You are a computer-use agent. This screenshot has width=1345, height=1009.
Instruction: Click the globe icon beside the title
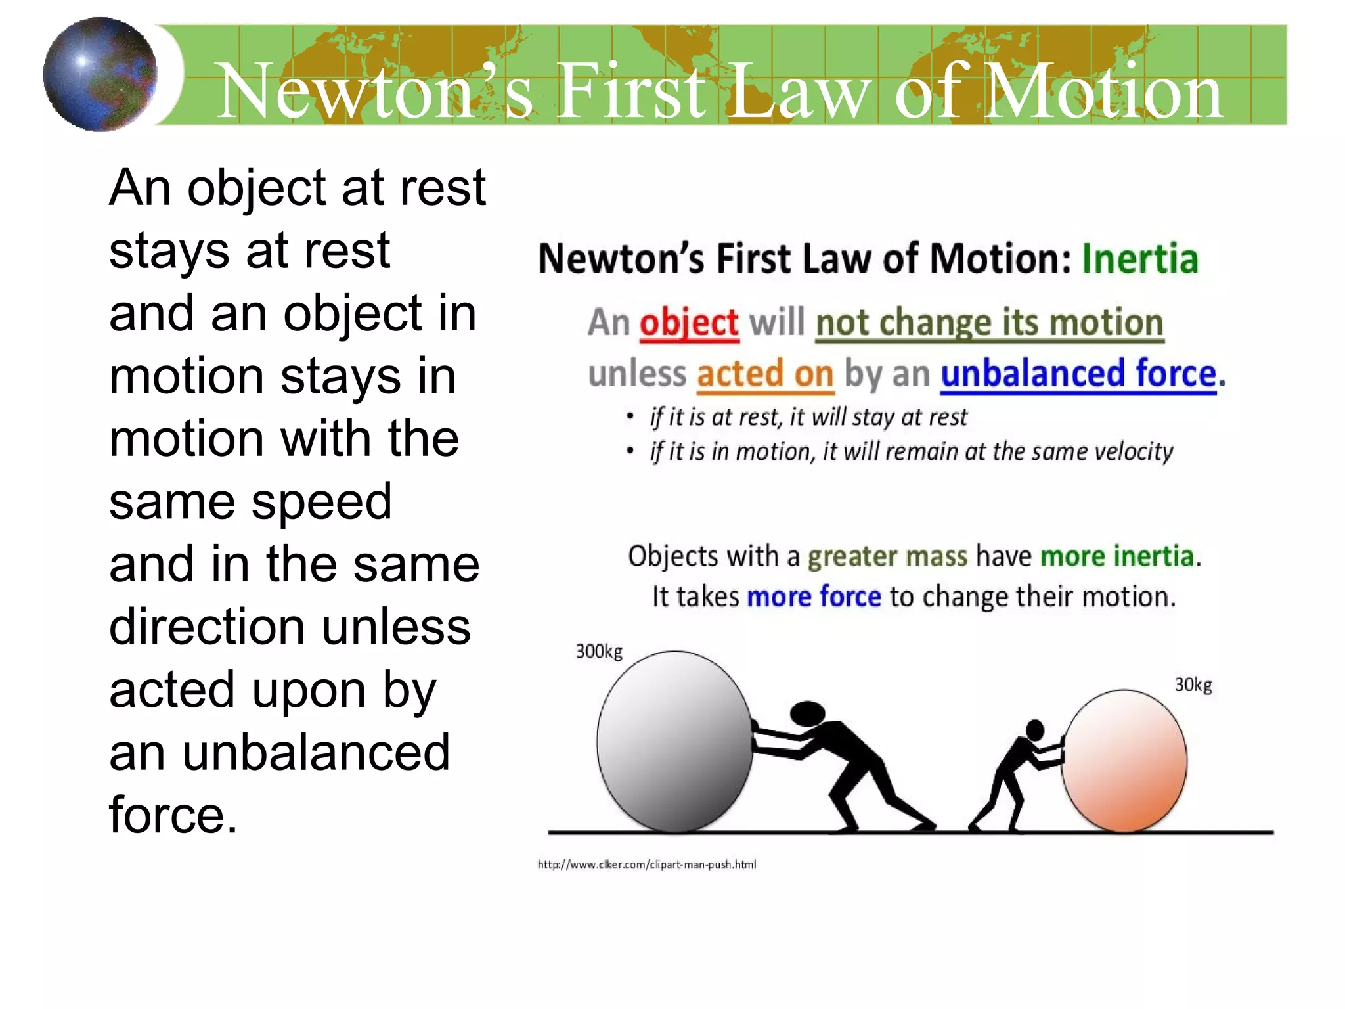100,74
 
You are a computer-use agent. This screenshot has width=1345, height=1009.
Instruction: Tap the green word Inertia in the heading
1140,258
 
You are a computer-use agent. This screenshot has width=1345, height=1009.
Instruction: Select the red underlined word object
689,323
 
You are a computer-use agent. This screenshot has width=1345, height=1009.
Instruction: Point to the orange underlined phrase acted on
765,374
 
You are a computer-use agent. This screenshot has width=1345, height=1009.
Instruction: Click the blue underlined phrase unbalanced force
1078,374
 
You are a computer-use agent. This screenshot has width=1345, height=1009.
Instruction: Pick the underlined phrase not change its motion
989,323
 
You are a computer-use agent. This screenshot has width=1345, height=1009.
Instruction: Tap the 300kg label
599,652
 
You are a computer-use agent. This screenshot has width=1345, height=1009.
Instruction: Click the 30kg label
1193,685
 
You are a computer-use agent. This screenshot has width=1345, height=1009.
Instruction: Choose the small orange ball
1124,761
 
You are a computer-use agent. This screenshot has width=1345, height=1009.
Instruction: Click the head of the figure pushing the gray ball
807,713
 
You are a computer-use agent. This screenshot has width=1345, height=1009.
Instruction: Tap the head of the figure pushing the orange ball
1035,729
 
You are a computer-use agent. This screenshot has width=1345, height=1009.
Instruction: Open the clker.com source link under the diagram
647,864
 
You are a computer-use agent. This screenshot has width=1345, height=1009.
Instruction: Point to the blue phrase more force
814,597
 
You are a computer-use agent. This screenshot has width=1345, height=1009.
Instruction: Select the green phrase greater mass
887,557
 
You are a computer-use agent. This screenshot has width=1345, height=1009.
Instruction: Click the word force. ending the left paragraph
173,815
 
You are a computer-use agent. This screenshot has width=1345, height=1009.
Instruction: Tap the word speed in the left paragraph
322,502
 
